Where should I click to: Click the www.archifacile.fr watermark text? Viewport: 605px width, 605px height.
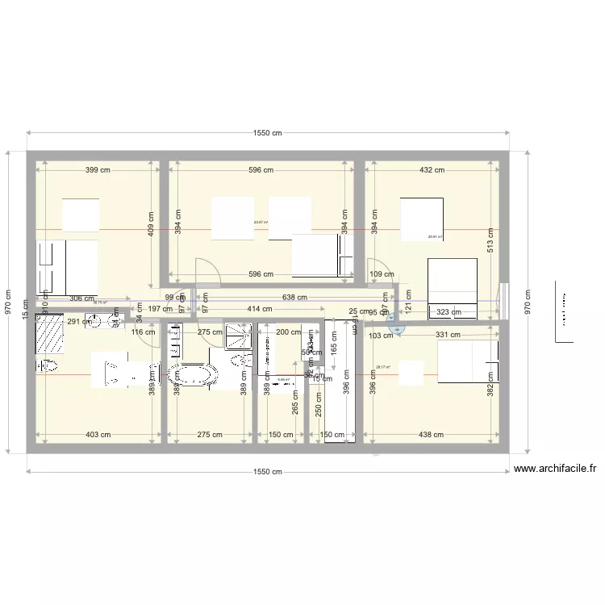tap(554, 468)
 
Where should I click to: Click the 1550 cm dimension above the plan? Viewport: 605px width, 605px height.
tap(266, 134)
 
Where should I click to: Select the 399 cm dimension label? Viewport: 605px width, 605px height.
tap(98, 170)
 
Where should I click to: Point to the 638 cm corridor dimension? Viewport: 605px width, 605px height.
tap(294, 297)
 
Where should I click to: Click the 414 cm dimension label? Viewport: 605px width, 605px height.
tap(260, 309)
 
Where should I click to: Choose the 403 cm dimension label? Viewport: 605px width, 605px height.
tap(98, 435)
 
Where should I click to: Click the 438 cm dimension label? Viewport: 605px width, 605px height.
tap(432, 435)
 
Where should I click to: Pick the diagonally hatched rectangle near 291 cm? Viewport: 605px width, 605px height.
tap(49, 334)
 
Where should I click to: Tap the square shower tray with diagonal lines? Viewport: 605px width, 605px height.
tap(239, 334)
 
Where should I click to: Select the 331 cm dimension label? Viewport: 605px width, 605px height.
tap(446, 335)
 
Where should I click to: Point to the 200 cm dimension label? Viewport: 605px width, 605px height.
tap(288, 332)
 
